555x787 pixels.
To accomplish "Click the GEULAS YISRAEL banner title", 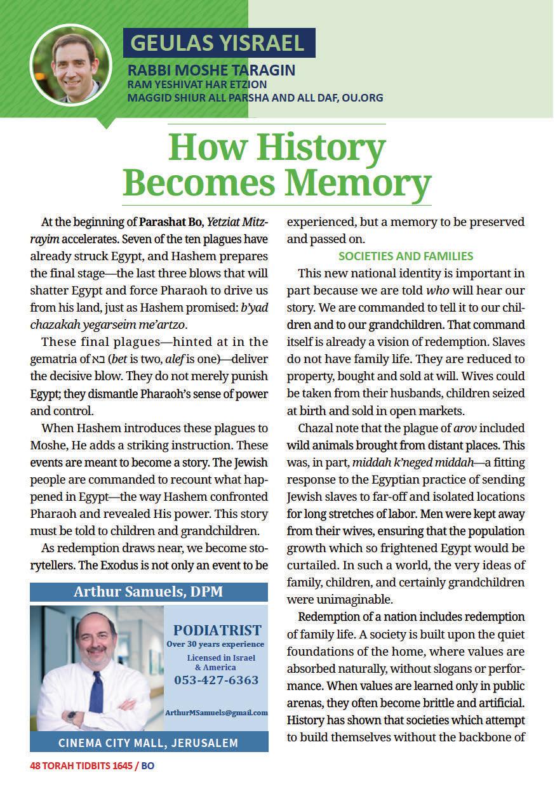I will coord(218,43).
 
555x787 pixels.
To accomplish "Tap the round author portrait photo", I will coord(70,65).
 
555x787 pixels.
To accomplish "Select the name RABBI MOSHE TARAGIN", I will coord(211,70).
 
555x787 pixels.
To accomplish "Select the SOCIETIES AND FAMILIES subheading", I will coord(406,256).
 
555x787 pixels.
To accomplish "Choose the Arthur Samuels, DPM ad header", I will coord(149,592).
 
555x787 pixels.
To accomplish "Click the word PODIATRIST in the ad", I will coord(217,630).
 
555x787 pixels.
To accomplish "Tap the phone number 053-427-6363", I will coord(216,680).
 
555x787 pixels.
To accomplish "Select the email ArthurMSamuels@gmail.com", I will coord(216,713).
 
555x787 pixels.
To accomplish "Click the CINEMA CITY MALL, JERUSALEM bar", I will coord(149,743).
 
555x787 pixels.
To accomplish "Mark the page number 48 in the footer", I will coord(35,766).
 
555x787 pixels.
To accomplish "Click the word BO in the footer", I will coord(147,766).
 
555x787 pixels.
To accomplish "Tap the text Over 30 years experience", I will coord(215,644).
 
